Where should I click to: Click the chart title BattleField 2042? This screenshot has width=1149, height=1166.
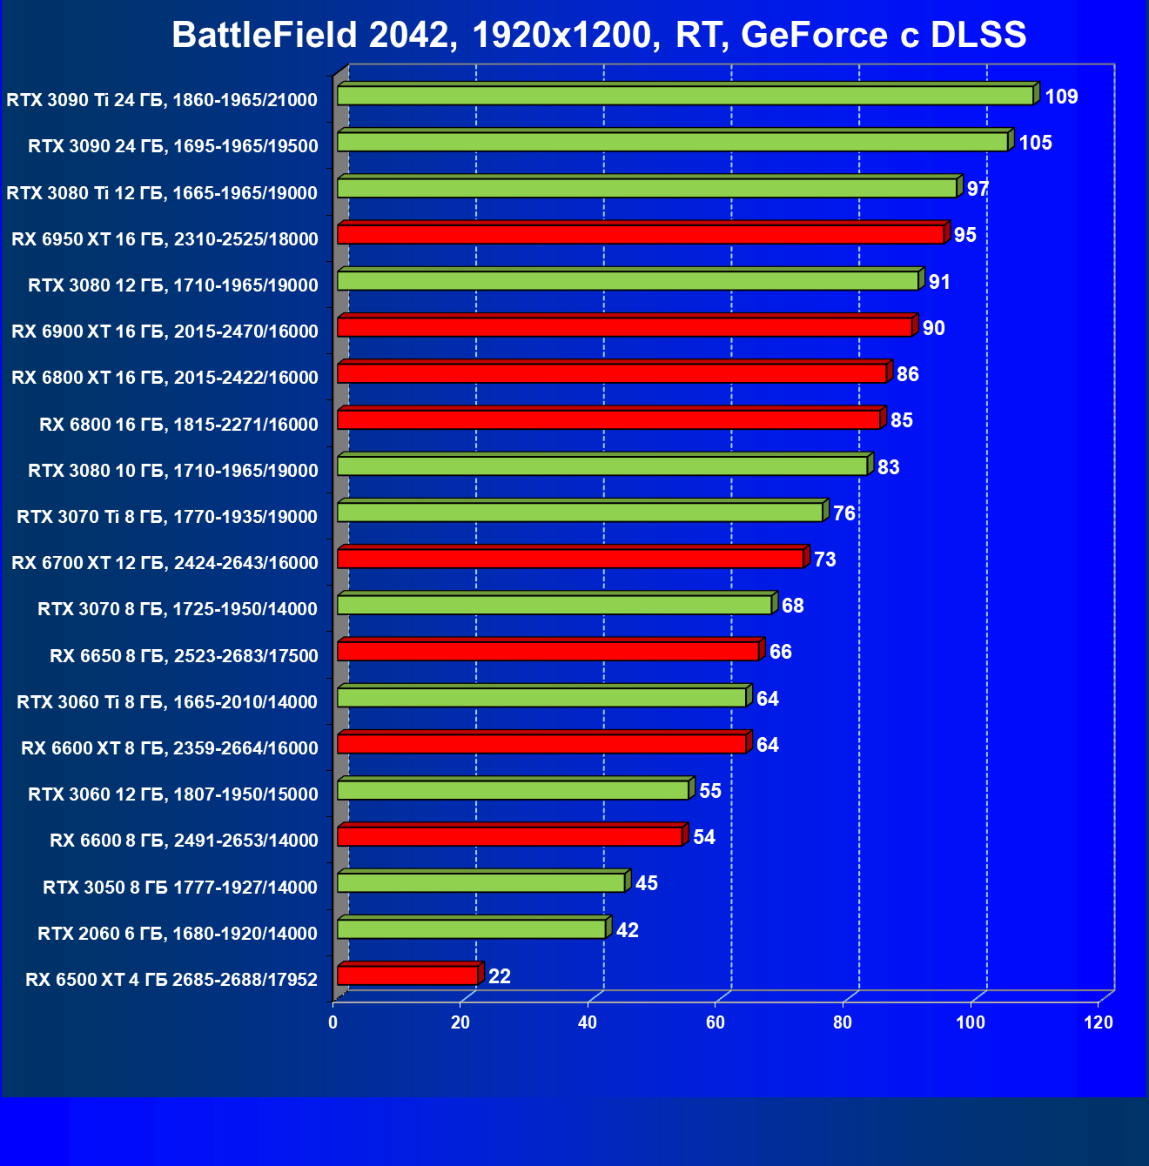pyautogui.click(x=599, y=35)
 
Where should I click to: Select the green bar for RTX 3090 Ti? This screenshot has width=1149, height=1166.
pyautogui.click(x=685, y=96)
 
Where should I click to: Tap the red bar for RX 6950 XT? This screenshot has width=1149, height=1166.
pyautogui.click(x=641, y=234)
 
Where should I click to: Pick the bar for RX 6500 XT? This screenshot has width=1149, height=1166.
pyautogui.click(x=407, y=975)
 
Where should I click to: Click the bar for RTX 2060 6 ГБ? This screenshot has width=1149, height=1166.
pyautogui.click(x=471, y=929)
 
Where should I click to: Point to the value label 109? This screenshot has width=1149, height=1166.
pyautogui.click(x=1061, y=97)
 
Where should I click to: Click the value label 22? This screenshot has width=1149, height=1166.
pyautogui.click(x=500, y=976)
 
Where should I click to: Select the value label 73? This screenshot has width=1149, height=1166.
pyautogui.click(x=824, y=560)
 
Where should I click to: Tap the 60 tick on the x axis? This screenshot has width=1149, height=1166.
pyautogui.click(x=716, y=1022)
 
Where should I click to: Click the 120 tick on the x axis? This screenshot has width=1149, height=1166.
pyautogui.click(x=1099, y=1022)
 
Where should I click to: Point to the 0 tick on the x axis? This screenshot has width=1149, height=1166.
pyautogui.click(x=333, y=1022)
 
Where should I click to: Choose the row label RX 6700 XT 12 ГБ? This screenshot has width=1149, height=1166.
pyautogui.click(x=165, y=563)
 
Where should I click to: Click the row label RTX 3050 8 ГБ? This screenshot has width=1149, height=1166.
pyautogui.click(x=179, y=887)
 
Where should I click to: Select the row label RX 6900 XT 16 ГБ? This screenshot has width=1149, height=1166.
pyautogui.click(x=165, y=332)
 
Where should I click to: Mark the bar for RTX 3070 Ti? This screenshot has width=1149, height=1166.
pyautogui.click(x=580, y=512)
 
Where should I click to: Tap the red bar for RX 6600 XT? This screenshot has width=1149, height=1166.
pyautogui.click(x=541, y=744)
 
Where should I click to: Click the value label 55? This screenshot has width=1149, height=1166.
pyautogui.click(x=710, y=791)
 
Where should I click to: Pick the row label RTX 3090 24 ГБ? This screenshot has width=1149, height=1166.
pyautogui.click(x=172, y=146)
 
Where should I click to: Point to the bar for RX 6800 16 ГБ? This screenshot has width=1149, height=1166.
pyautogui.click(x=608, y=419)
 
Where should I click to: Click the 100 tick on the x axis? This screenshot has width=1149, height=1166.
pyautogui.click(x=971, y=1022)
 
